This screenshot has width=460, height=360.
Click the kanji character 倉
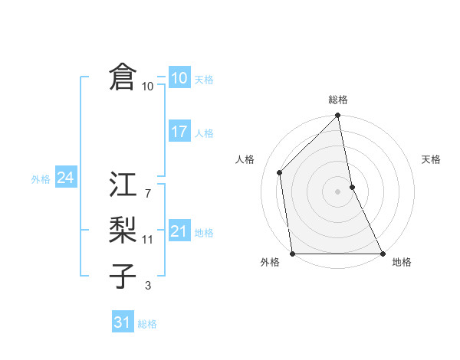pyautogui.click(x=123, y=78)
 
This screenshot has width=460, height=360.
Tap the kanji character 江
pyautogui.click(x=123, y=185)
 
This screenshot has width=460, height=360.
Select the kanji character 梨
pyautogui.click(x=123, y=230)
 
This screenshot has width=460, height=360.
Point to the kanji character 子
pyautogui.click(x=123, y=275)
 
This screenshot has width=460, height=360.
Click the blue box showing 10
pyautogui.click(x=179, y=78)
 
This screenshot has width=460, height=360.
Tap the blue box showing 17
pyautogui.click(x=179, y=132)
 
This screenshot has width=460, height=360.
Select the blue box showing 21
pyautogui.click(x=179, y=231)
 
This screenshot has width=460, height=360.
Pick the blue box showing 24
pyautogui.click(x=65, y=178)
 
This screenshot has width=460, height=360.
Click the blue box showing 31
pyautogui.click(x=123, y=322)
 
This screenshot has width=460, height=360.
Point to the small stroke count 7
pyautogui.click(x=147, y=194)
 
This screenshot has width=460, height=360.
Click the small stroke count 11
pyautogui.click(x=147, y=240)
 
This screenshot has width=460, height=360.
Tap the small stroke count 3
pyautogui.click(x=147, y=286)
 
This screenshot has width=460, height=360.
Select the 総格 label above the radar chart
pyautogui.click(x=338, y=100)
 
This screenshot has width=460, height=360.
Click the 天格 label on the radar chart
pyautogui.click(x=431, y=159)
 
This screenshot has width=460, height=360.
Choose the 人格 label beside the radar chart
pyautogui.click(x=245, y=159)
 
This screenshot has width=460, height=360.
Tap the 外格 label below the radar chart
pyautogui.click(x=270, y=263)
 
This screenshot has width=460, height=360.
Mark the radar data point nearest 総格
pyautogui.click(x=338, y=116)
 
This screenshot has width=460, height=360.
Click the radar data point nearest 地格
pyautogui.click(x=383, y=253)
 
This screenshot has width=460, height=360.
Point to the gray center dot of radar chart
pyautogui.click(x=338, y=191)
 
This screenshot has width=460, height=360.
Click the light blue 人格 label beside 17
pyautogui.click(x=205, y=133)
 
